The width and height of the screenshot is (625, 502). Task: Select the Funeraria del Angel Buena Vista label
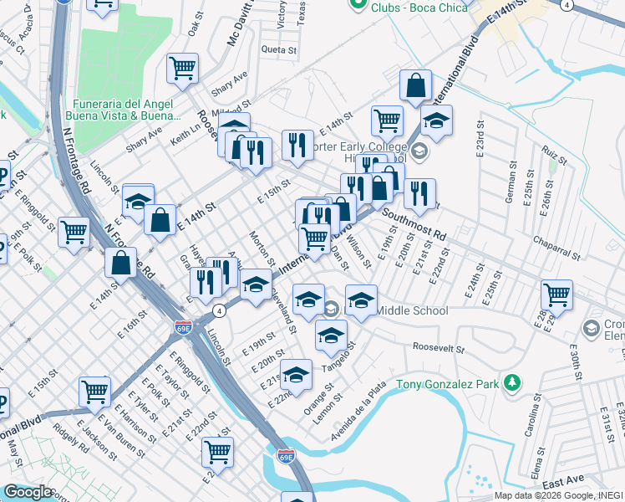(x=124, y=109)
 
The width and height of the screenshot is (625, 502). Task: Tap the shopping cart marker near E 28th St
(x=556, y=293)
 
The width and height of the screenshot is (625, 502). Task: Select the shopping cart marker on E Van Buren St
(x=94, y=390)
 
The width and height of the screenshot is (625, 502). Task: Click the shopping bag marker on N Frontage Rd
(x=121, y=261)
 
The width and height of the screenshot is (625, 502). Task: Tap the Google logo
(x=28, y=492)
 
